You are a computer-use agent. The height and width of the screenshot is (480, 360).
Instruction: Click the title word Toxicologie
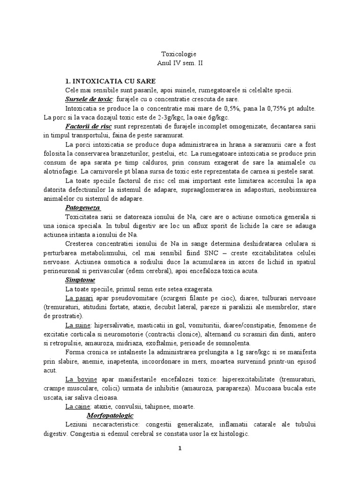tap(180, 54)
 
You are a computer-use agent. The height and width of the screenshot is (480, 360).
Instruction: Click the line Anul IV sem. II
tap(180, 62)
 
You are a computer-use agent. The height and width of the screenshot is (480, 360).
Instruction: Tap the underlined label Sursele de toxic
tap(89, 99)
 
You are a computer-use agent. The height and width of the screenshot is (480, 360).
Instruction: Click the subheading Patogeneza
tap(82, 207)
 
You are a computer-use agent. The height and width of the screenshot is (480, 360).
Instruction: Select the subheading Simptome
tap(80, 280)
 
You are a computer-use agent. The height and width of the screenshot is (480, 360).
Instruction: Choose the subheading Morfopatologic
tap(110, 415)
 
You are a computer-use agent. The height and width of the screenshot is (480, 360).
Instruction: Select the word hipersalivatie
tap(114, 325)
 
